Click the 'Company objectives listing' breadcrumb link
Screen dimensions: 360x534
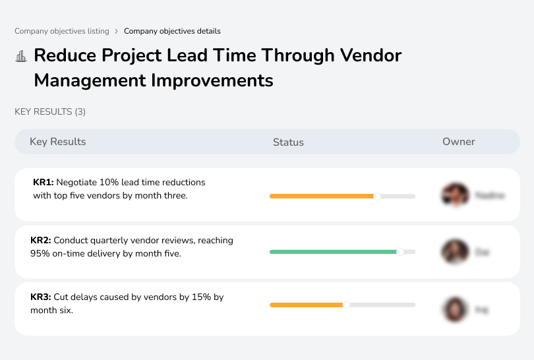[62, 31]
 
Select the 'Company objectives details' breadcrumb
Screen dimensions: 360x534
[172, 31]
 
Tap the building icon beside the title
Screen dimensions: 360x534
[21, 56]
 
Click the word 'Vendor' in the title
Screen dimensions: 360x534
[371, 55]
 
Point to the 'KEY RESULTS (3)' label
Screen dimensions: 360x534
[50, 112]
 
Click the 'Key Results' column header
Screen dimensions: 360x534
[57, 142]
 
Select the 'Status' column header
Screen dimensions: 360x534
[288, 142]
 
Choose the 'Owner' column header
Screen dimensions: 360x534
[459, 142]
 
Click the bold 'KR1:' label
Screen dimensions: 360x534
[44, 182]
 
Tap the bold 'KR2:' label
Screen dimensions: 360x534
[41, 241]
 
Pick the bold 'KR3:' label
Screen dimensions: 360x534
[41, 297]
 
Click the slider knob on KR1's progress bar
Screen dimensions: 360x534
[377, 196]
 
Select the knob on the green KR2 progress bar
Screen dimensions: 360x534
[400, 252]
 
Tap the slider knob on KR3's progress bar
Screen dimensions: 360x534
[346, 305]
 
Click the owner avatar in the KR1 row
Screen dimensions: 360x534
[454, 195]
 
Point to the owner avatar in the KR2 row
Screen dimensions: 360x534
[454, 252]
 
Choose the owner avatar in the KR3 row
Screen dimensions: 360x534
[454, 309]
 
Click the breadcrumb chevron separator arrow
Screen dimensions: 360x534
[117, 31]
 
